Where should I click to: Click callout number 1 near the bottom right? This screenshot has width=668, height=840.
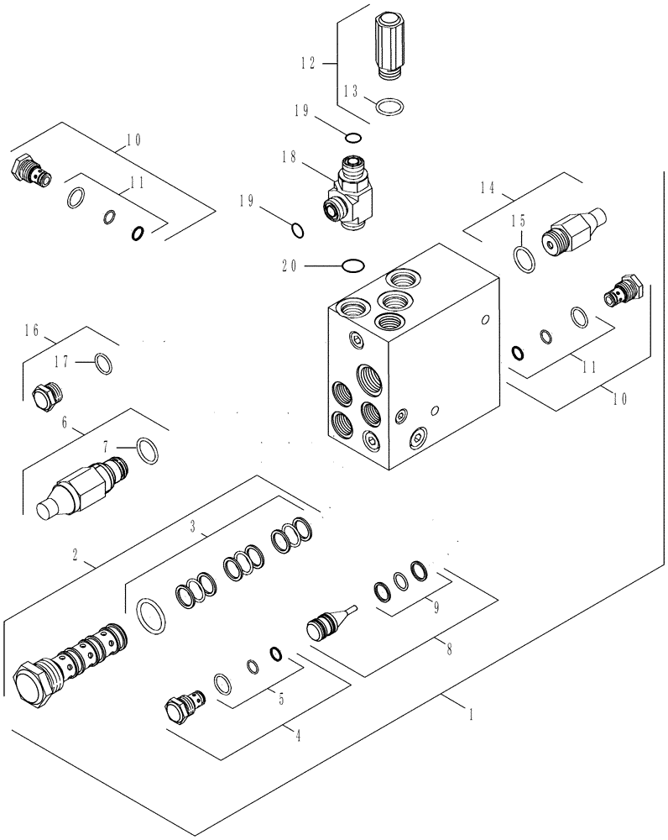tap(472, 715)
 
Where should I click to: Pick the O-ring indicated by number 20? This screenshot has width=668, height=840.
tap(352, 266)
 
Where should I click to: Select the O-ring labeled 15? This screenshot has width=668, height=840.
tap(522, 259)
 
